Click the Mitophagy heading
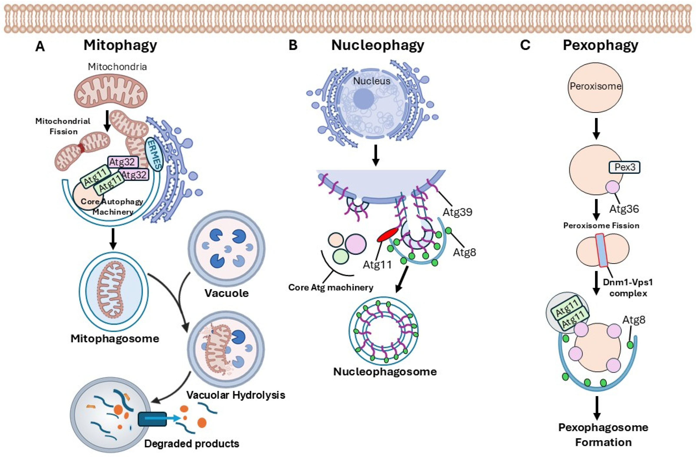[x=120, y=45]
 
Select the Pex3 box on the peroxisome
[x=624, y=167]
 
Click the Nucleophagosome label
[x=385, y=372]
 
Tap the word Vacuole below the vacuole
[x=227, y=293]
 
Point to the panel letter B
[x=293, y=46]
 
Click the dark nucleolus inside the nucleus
[x=363, y=99]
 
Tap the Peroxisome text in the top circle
[x=595, y=86]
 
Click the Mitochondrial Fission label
[x=63, y=126]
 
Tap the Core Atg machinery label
[x=331, y=287]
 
